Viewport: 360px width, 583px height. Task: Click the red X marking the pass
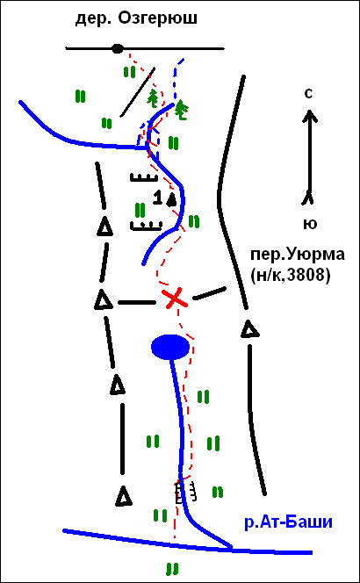[175, 299]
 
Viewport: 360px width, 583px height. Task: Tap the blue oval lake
[170, 347]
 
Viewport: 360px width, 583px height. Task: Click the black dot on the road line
[118, 48]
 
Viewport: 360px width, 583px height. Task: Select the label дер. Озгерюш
[136, 19]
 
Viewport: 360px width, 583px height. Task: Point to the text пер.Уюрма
[292, 256]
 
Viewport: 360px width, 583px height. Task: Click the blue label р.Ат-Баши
[288, 523]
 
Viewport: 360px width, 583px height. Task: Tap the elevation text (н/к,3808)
[291, 277]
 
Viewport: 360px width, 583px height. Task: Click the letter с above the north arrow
[308, 95]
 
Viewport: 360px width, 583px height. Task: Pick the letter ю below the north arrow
[308, 224]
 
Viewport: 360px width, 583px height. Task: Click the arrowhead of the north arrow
[309, 116]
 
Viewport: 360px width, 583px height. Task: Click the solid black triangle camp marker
[171, 199]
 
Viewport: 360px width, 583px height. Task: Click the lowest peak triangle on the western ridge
[124, 496]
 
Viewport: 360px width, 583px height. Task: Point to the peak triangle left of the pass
[103, 299]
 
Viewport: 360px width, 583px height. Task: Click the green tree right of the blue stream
[182, 111]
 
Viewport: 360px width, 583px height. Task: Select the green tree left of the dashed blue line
[155, 98]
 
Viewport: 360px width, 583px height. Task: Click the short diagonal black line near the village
[138, 92]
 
